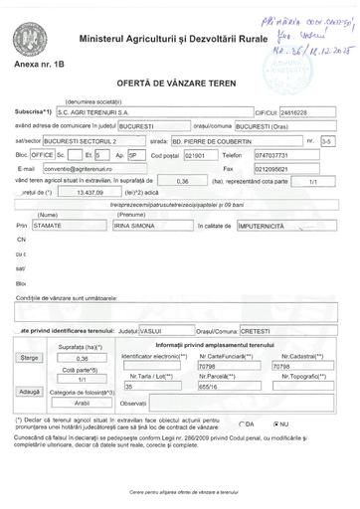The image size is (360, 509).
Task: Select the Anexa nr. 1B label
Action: [38, 64]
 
